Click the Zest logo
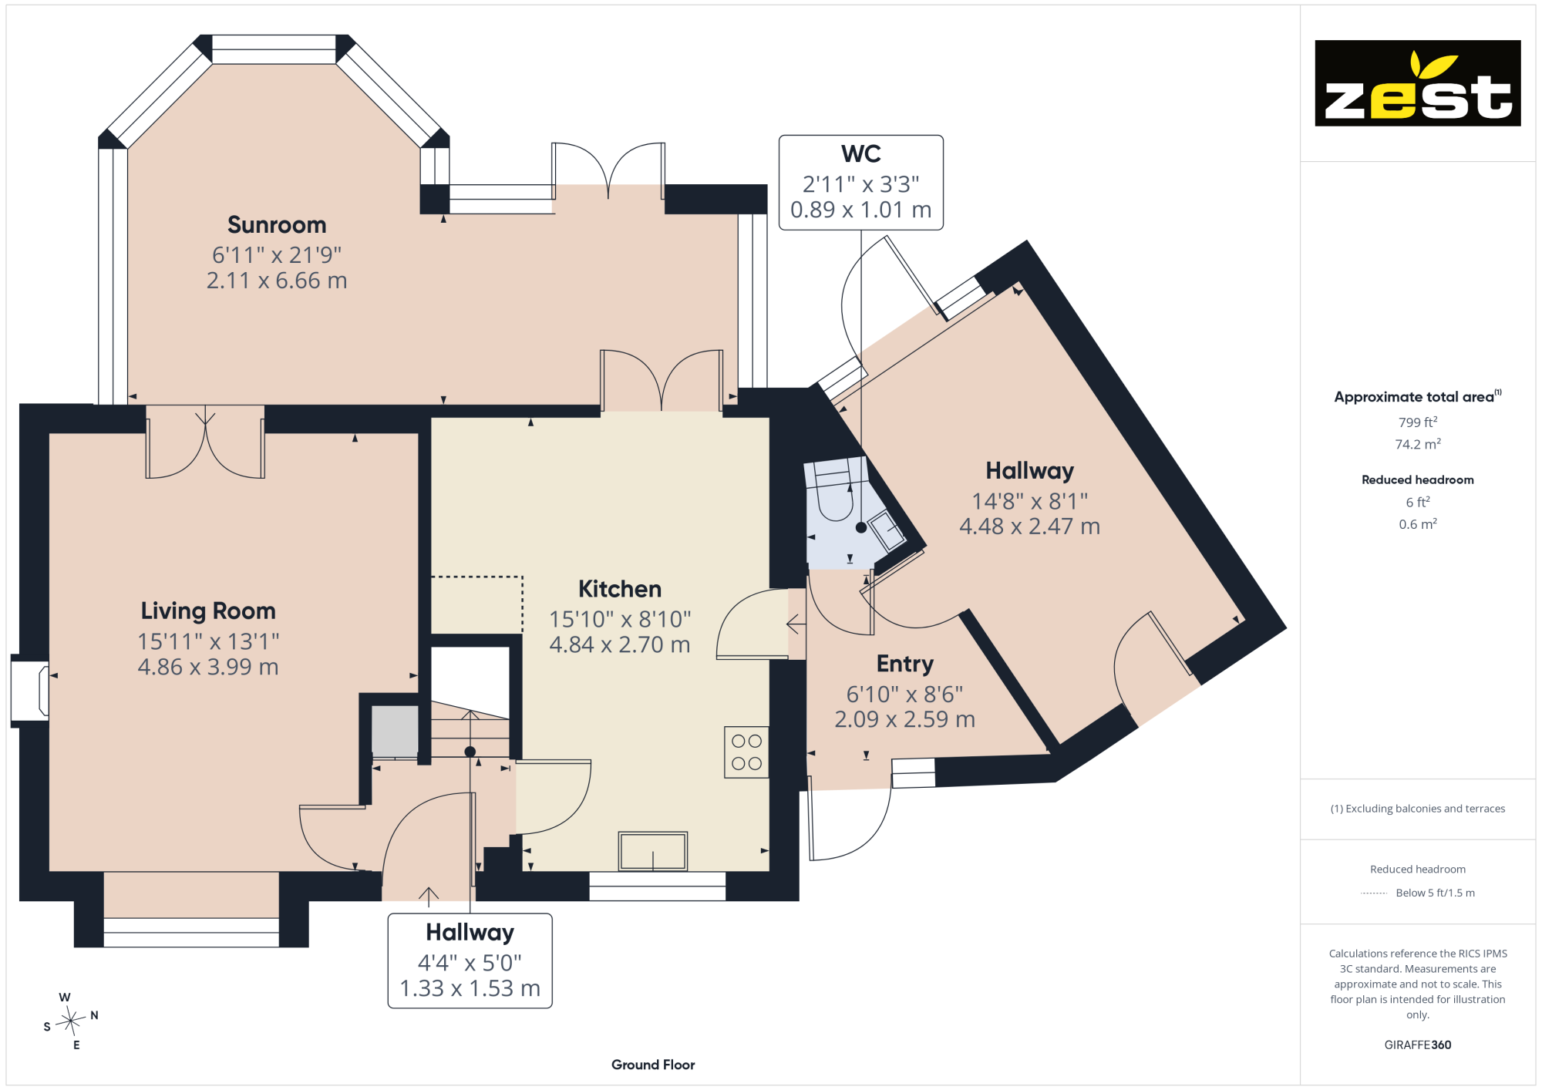tap(1417, 83)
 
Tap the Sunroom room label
tap(277, 225)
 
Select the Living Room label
tap(208, 611)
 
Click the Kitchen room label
tap(620, 589)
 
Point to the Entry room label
tap(905, 664)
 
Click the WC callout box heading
tap(861, 154)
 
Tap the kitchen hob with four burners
tap(746, 752)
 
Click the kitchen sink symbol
tap(652, 851)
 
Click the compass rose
tap(71, 1021)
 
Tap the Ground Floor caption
tap(653, 1065)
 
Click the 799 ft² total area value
tap(1418, 422)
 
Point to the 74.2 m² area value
tap(1418, 445)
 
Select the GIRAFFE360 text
tap(1418, 1045)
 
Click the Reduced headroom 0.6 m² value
tap(1418, 524)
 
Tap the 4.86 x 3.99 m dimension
tap(208, 667)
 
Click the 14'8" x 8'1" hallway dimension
tap(1030, 501)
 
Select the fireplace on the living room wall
tap(30, 691)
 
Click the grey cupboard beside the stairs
tap(395, 730)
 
